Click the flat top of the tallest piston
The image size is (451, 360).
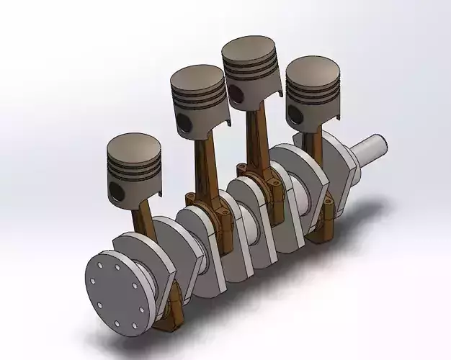tap(250, 49)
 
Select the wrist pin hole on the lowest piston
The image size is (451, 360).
tap(115, 190)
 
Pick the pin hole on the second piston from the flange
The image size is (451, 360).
tap(185, 122)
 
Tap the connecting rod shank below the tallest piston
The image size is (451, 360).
tap(254, 137)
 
